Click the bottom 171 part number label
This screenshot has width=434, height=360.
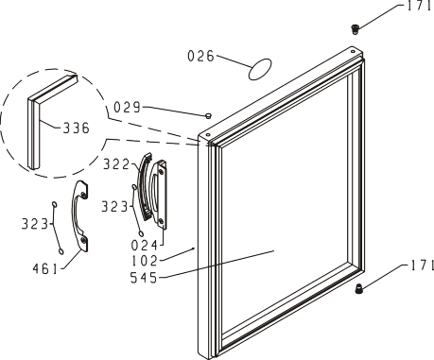pos(423,266)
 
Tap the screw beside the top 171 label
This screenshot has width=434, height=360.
pos(356,29)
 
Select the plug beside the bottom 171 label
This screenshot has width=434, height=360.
pos(358,288)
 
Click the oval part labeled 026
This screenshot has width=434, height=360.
pos(260,69)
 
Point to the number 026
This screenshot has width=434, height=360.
pos(200,56)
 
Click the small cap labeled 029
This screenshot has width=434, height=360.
pos(208,116)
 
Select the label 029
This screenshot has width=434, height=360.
pos(127,107)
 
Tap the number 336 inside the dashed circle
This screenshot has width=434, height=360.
pos(77,129)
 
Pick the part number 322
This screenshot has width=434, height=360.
pos(116,164)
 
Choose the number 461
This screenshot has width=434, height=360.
pos(45,269)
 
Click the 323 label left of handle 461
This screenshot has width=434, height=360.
pos(35,224)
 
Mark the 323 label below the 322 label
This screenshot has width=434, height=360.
pos(114,207)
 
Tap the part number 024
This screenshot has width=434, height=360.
pos(144,246)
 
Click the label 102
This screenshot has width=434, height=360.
pos(144,261)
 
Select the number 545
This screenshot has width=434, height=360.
pos(144,278)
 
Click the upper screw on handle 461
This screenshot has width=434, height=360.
pos(83,195)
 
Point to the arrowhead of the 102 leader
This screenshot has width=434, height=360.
pos(194,249)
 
